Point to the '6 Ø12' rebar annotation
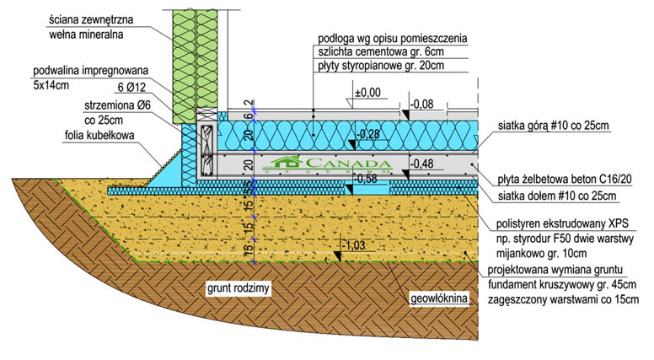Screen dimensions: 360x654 click(137, 87)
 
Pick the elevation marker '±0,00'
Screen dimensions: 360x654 click(367, 93)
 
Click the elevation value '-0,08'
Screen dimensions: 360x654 click(423, 105)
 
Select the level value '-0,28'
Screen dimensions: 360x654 click(369, 134)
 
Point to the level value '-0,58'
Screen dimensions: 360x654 click(367, 179)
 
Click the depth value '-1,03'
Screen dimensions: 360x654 click(357, 245)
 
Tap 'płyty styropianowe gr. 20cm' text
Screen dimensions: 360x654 click(381, 65)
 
